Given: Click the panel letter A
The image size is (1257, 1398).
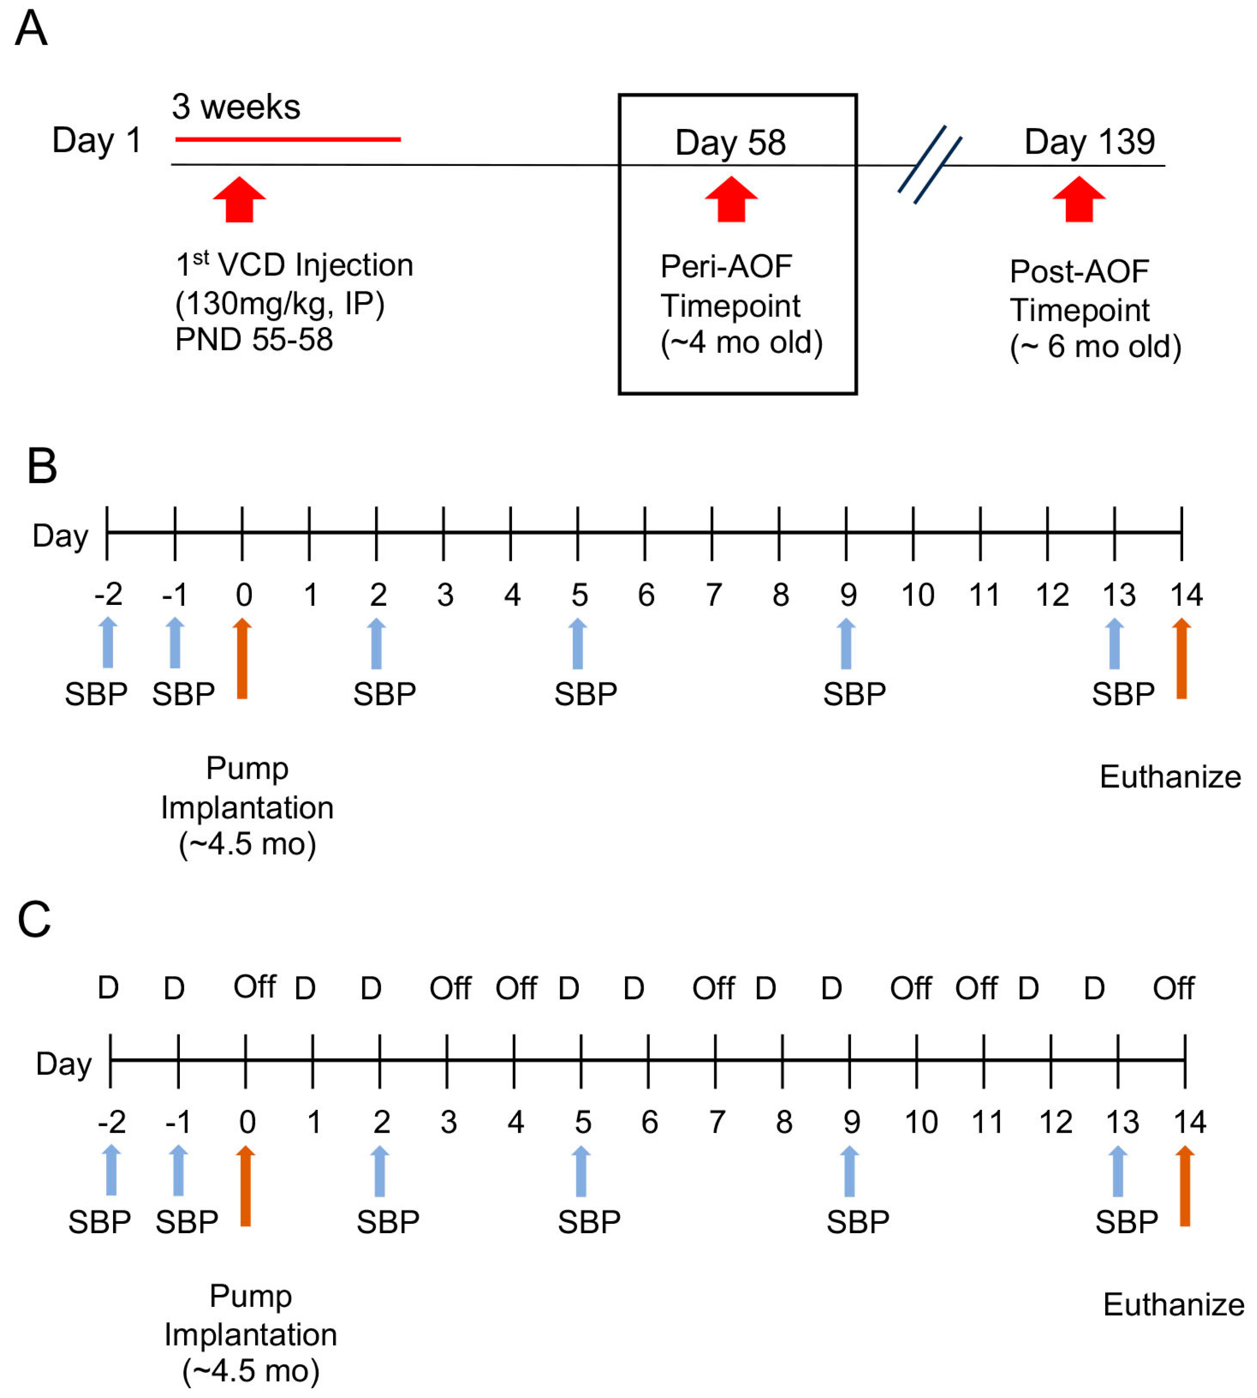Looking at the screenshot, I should pyautogui.click(x=31, y=29).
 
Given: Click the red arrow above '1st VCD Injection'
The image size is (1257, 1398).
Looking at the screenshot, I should pyautogui.click(x=239, y=199).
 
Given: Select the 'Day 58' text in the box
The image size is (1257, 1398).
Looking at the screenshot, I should pyautogui.click(x=730, y=142).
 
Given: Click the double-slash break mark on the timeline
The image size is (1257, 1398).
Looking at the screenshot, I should pyautogui.click(x=930, y=164).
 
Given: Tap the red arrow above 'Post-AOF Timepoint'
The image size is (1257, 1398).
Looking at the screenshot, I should pyautogui.click(x=1079, y=199).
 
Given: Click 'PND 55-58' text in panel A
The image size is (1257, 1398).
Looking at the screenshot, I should pyautogui.click(x=254, y=340).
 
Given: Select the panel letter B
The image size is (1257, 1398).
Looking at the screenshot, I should pyautogui.click(x=42, y=466).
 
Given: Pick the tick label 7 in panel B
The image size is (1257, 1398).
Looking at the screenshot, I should pyautogui.click(x=713, y=595).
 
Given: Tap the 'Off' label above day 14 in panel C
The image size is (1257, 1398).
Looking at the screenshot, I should pyautogui.click(x=1173, y=988).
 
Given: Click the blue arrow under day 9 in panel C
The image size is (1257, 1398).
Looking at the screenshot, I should pyautogui.click(x=850, y=1171).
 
